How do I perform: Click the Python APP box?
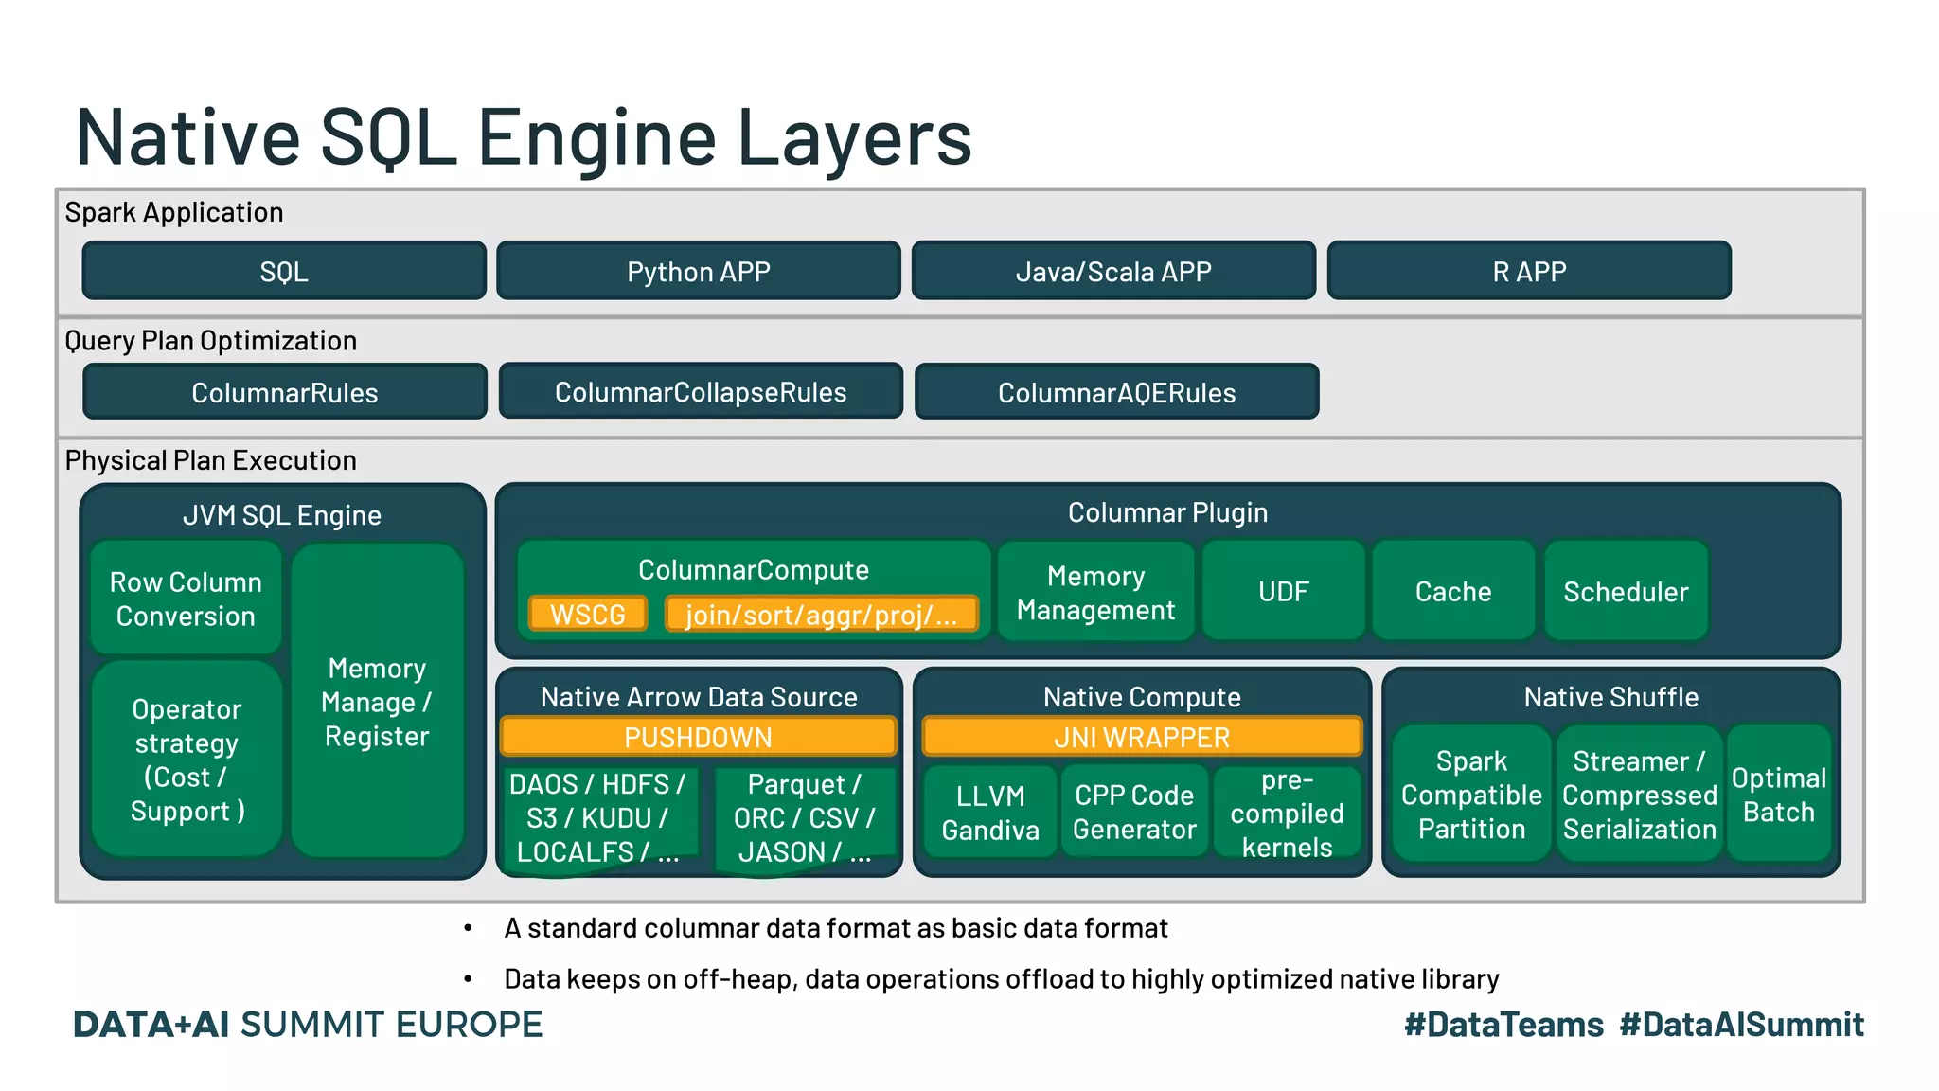pos(698,272)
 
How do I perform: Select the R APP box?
pos(1528,272)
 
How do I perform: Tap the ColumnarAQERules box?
pos(1116,392)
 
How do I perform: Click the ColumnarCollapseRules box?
pos(701,392)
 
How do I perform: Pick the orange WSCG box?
pos(588,615)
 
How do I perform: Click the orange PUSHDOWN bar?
pos(698,737)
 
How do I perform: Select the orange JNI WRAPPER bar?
pos(1141,737)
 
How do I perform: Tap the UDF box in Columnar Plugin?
pos(1283,592)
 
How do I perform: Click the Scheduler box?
pos(1625,592)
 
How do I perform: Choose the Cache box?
pos(1452,592)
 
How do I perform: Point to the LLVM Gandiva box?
pos(989,813)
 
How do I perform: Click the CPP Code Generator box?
pos(1134,813)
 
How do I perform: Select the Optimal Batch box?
pos(1778,796)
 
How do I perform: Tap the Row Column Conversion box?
pos(186,599)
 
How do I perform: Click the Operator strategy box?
pos(187,760)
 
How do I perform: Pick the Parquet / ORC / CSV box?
pos(804,816)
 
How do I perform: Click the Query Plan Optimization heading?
pos(210,341)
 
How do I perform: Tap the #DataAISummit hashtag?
pos(1741,1025)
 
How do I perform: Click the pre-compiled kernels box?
pos(1287,813)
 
